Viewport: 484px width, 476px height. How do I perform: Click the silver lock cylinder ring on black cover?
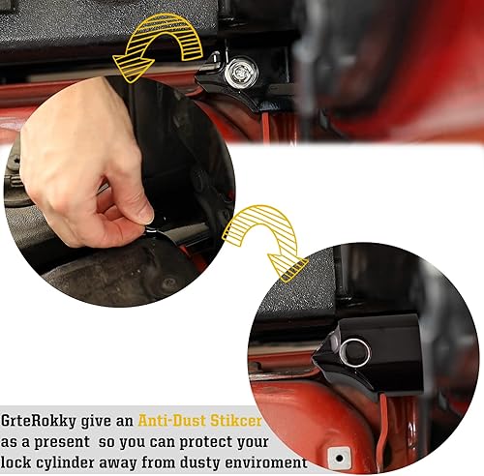[x=353, y=351]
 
